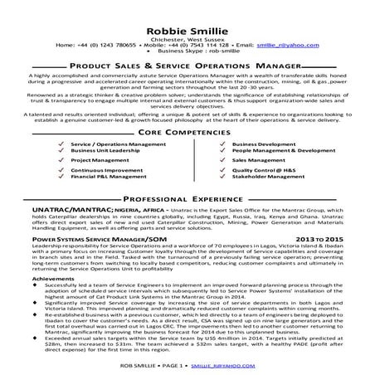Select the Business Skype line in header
tap(187, 42)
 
